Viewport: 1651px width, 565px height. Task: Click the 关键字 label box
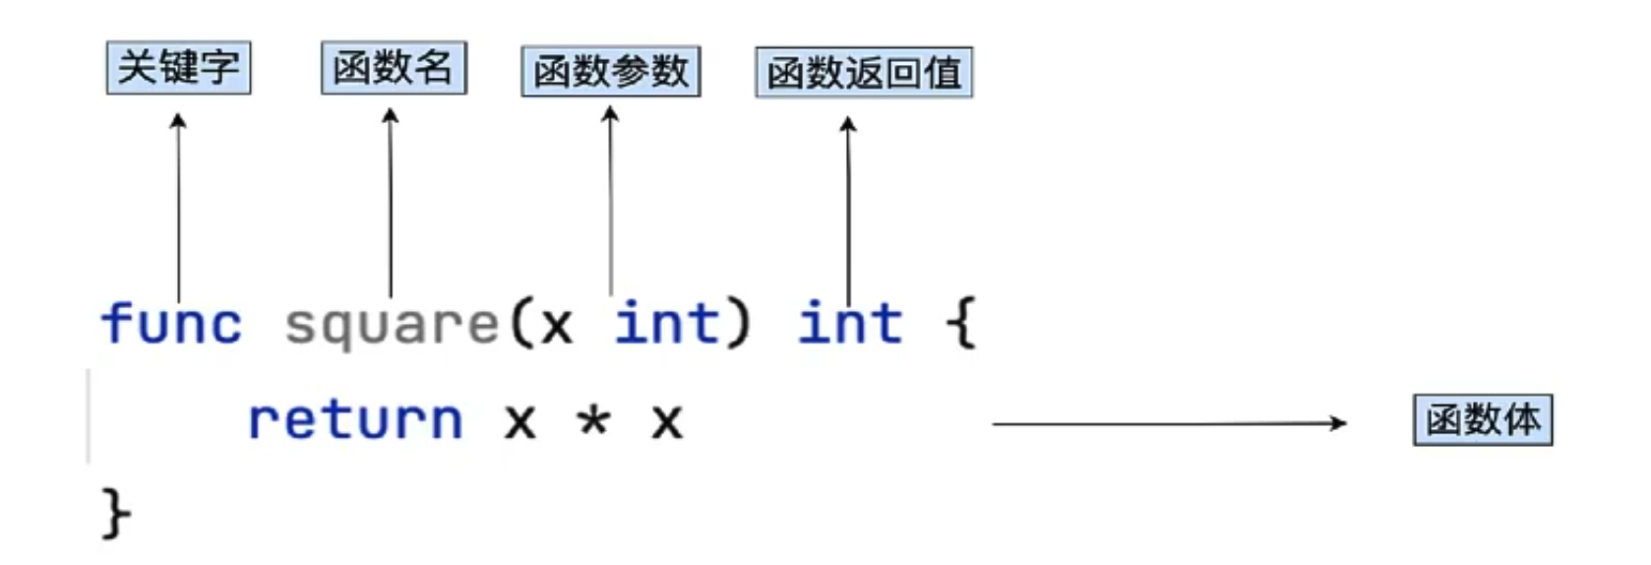coord(178,68)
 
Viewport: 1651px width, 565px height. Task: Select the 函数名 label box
coord(394,68)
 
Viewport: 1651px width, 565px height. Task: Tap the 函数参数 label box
coord(610,71)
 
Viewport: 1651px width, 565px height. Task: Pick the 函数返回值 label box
coord(864,72)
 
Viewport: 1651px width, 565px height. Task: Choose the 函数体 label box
coord(1482,420)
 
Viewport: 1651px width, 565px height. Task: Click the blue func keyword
coord(171,324)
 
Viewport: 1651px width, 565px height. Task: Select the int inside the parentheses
coord(667,323)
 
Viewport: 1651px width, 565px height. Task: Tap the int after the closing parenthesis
coord(850,323)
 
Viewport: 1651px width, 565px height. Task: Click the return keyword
coord(355,420)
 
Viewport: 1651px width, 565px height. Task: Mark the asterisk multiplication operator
coord(593,421)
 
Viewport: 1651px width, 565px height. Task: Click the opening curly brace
coord(960,323)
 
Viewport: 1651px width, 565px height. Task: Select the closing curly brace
coord(116,513)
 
